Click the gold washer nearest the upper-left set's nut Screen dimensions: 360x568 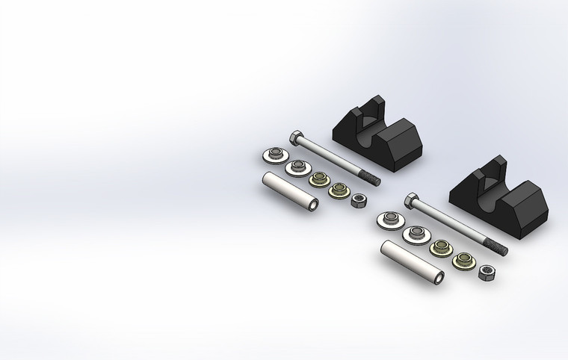339,190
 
